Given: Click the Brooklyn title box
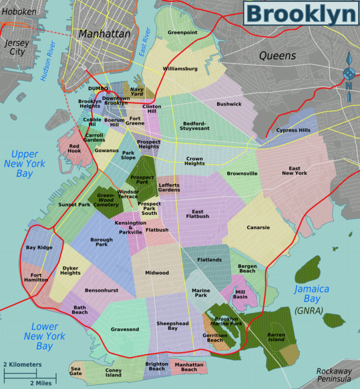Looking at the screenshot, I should [x=300, y=14].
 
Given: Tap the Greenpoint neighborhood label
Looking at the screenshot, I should [x=182, y=33].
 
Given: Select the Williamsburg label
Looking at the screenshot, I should [x=180, y=69].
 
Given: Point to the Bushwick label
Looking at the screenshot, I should [x=229, y=104].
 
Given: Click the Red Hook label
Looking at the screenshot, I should [x=74, y=148].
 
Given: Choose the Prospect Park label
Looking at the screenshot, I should [x=142, y=180].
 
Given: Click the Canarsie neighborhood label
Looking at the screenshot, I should [x=258, y=228].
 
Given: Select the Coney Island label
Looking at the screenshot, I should [x=113, y=373].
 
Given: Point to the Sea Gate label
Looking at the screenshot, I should [x=76, y=371].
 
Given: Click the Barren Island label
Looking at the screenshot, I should [x=276, y=337].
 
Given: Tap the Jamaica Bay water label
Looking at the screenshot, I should [x=312, y=294].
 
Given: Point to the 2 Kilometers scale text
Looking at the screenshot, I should [x=22, y=364].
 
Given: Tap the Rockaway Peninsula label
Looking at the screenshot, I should [x=334, y=375].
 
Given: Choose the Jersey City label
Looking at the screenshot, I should [x=17, y=47].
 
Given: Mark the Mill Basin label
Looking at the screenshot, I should [x=240, y=294].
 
